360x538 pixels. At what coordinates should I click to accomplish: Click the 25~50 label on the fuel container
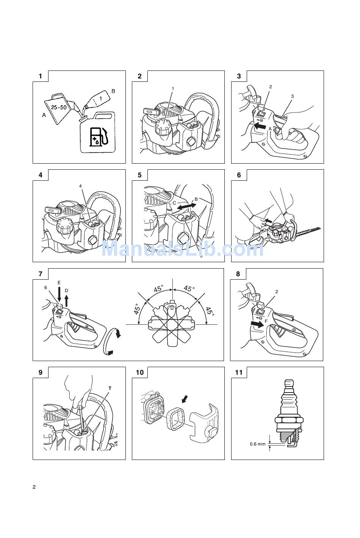tap(59, 107)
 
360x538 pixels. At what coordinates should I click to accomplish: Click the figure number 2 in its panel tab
tap(139, 76)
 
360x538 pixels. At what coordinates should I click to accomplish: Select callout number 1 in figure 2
tap(173, 89)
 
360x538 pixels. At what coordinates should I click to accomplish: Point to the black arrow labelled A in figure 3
tap(260, 126)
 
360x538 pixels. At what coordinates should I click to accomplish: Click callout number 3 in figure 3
tap(292, 96)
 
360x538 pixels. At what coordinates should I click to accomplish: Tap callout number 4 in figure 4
tap(80, 186)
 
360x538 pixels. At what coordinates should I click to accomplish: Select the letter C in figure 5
tap(174, 203)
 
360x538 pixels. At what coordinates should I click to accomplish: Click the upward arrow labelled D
tap(67, 301)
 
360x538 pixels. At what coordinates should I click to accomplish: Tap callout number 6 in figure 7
tap(45, 288)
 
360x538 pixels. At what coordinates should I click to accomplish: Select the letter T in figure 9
tap(110, 388)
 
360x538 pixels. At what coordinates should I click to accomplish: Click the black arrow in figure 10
tap(185, 399)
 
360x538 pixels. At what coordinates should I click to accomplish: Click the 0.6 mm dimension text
tap(257, 444)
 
